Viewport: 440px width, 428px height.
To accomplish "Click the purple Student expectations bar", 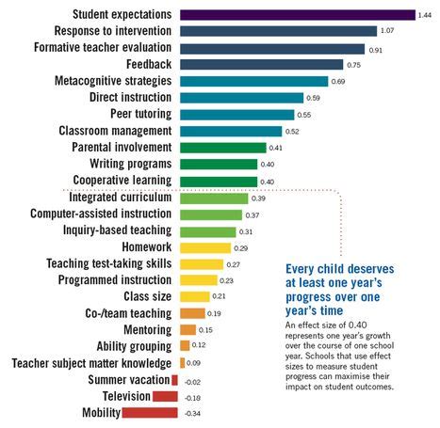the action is (298, 15).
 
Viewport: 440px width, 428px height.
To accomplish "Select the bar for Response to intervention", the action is (278, 31).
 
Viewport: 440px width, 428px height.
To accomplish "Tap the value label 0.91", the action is (376, 50).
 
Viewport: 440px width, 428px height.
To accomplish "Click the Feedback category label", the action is (149, 64).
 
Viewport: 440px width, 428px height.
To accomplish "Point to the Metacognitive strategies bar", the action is (253, 81).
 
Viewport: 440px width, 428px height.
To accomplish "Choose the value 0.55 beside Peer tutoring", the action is (304, 115).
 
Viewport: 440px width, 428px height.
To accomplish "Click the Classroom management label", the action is (115, 131).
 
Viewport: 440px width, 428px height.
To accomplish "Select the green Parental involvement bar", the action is (223, 148).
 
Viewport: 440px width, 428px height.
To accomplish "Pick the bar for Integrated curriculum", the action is (214, 198).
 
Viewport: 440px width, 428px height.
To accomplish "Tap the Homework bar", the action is (205, 248).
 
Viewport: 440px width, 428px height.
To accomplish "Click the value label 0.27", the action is (233, 265).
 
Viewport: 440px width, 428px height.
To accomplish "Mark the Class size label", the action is (148, 296).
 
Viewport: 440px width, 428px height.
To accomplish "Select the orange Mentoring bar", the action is (187, 330).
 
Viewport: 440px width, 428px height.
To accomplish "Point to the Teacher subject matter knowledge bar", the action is (182, 363).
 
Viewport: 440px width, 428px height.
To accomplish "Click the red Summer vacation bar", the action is (174, 380).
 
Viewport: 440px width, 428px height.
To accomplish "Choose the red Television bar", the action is (165, 396).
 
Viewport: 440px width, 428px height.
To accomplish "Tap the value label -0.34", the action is (192, 414).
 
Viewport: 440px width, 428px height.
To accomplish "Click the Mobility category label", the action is (101, 413).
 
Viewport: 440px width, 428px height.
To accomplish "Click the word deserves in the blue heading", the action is (371, 269).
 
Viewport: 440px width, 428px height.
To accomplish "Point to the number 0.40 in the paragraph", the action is (357, 325).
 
